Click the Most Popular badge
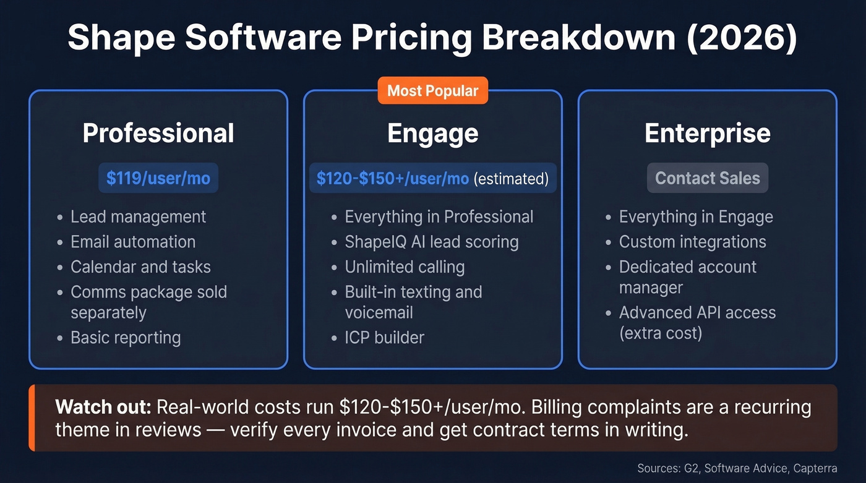tap(432, 91)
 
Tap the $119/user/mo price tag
tap(158, 178)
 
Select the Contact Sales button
tap(707, 178)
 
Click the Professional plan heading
tap(158, 134)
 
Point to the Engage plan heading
tap(432, 134)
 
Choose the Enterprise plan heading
tap(707, 134)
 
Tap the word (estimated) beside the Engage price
tap(511, 179)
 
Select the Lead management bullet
tap(138, 216)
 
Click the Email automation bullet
tap(133, 242)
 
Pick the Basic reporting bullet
tap(126, 338)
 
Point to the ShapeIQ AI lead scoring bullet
tap(431, 242)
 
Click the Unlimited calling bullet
tap(405, 267)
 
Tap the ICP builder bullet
tap(384, 338)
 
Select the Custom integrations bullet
tap(692, 242)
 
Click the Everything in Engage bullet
tap(696, 216)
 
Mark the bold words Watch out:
tap(103, 407)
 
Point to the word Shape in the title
tap(121, 38)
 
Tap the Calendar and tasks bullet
tap(140, 267)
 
